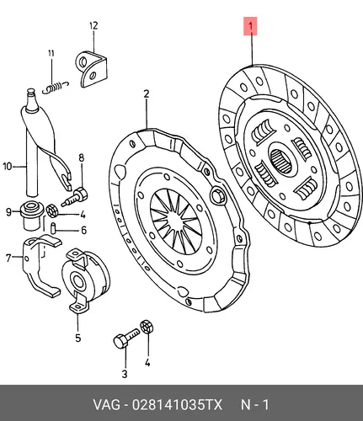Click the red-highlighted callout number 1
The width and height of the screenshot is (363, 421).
(x=250, y=26)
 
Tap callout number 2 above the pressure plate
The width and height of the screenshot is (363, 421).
(x=147, y=94)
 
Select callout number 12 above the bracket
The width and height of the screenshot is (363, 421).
(x=93, y=25)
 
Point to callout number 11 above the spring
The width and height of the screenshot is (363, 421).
(x=51, y=53)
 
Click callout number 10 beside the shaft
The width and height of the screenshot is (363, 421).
(x=8, y=167)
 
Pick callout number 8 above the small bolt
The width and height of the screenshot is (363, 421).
(x=82, y=157)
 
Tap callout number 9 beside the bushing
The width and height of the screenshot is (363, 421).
(x=8, y=212)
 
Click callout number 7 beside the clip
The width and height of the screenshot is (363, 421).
(x=8, y=258)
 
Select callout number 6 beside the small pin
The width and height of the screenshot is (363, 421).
(x=83, y=231)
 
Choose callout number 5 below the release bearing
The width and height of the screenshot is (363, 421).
(x=78, y=338)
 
